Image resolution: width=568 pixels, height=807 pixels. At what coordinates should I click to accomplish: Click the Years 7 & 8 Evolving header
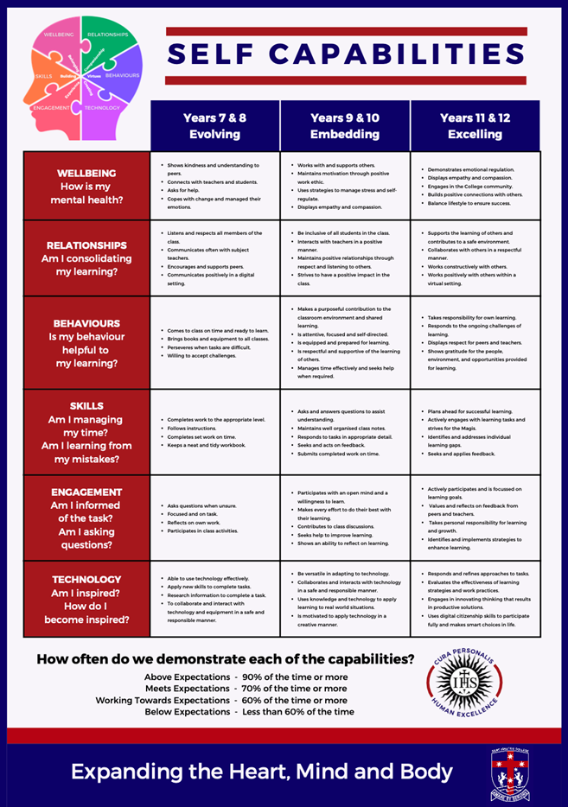[x=215, y=126]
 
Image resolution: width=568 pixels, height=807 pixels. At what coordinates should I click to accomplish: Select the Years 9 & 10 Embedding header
[x=345, y=126]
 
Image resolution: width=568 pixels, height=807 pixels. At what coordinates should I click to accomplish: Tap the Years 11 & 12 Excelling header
[x=475, y=126]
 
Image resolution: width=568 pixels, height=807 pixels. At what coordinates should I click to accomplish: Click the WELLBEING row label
[x=86, y=186]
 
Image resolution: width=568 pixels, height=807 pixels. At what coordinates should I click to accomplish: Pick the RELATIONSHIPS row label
[x=86, y=257]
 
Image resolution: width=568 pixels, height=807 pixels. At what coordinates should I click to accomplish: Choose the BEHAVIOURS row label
[x=86, y=343]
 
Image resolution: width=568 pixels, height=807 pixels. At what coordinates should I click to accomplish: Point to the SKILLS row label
[x=86, y=432]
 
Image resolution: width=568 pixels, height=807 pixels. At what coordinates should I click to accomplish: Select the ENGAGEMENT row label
[x=86, y=517]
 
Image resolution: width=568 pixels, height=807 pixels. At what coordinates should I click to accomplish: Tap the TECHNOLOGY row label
[x=86, y=599]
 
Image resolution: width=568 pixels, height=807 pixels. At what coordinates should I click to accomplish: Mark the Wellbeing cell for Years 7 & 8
[x=215, y=186]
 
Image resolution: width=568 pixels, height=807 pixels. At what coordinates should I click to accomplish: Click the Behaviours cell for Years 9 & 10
[x=345, y=343]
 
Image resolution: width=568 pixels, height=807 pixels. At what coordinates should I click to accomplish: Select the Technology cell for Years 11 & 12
[x=475, y=599]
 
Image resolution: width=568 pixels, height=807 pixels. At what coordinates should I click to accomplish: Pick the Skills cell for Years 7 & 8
[x=215, y=432]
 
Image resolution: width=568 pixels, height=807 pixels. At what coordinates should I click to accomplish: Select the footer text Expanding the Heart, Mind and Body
[x=262, y=772]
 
